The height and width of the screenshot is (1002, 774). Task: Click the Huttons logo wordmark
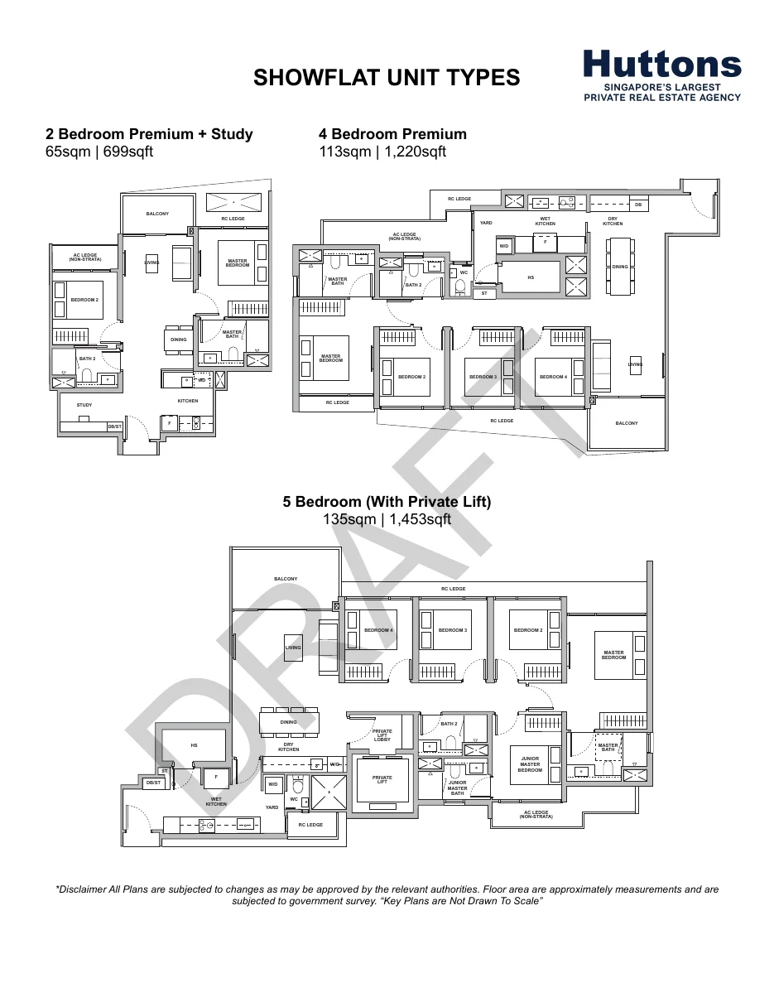[662, 65]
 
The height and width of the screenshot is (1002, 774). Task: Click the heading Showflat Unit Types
[387, 78]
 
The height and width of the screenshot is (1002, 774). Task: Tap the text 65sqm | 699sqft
[99, 152]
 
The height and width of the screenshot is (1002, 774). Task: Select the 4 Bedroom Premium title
[392, 134]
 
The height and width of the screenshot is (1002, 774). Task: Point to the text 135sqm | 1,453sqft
[387, 519]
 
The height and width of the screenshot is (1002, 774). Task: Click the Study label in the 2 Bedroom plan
[84, 405]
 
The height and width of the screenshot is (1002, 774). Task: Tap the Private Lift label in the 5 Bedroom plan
[382, 780]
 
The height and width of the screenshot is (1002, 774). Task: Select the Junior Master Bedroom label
[531, 764]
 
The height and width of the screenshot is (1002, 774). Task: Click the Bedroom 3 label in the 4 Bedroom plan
[483, 377]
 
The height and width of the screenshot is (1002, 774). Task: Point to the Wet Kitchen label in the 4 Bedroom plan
[545, 221]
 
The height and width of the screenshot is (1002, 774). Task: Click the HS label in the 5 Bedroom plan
[194, 745]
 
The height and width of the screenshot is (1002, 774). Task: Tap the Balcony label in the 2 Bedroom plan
[157, 214]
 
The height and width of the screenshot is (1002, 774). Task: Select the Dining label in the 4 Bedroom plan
[620, 267]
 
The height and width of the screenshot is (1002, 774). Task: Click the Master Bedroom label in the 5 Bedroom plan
[613, 654]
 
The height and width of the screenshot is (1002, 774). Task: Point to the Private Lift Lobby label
[382, 735]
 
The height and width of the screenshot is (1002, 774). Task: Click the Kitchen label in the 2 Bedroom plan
[188, 401]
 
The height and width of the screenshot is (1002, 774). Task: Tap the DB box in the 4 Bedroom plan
[637, 204]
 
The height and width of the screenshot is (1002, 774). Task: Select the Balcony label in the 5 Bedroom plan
[286, 579]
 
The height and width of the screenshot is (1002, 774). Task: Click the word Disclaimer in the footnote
[85, 889]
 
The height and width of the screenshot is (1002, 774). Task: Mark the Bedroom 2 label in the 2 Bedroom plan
[84, 300]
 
